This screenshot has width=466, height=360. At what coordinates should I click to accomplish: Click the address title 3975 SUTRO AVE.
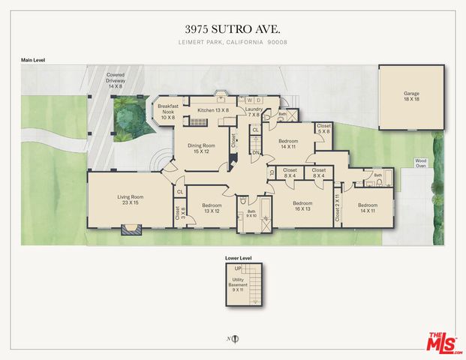point(233,28)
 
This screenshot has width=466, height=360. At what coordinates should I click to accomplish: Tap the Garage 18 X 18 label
point(412,97)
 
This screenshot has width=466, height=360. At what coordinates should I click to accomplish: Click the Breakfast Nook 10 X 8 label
point(167,112)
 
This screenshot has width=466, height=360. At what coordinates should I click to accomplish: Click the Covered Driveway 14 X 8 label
point(115,82)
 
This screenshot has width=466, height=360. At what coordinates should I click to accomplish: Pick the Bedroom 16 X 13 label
point(302,206)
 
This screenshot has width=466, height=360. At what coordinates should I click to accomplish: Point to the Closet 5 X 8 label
point(324,129)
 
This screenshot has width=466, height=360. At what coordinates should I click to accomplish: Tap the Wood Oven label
point(421,164)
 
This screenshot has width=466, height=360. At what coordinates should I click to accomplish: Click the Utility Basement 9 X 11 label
point(238,285)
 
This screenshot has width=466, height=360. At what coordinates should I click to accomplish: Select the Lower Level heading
point(239,258)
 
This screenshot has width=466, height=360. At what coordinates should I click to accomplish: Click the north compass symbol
point(235,338)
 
